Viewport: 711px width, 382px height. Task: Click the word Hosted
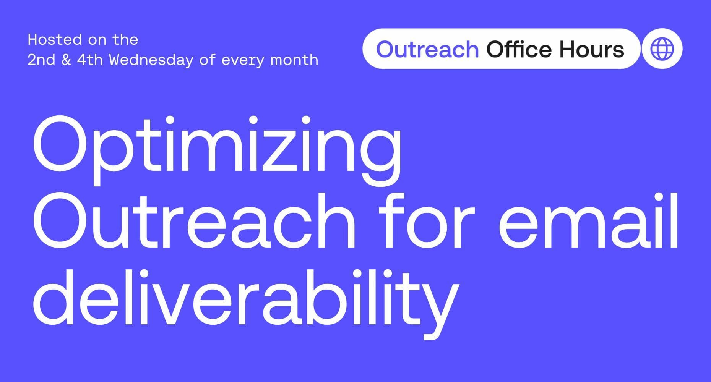pyautogui.click(x=55, y=40)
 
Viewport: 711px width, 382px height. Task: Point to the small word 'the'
pyautogui.click(x=125, y=40)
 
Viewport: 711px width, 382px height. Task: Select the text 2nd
pyautogui.click(x=41, y=60)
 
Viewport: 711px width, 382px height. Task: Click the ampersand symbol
pyautogui.click(x=66, y=60)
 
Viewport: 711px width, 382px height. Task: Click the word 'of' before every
pyautogui.click(x=207, y=60)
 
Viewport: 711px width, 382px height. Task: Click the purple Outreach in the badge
pyautogui.click(x=427, y=49)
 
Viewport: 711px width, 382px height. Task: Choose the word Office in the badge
pyautogui.click(x=519, y=49)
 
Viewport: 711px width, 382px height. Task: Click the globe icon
pyautogui.click(x=662, y=49)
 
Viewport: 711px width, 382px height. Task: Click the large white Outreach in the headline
pyautogui.click(x=194, y=220)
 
